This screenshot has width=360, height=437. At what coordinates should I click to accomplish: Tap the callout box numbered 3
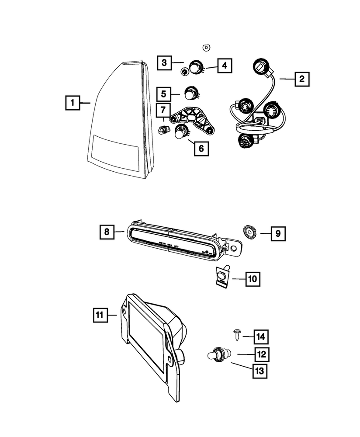point(164,63)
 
